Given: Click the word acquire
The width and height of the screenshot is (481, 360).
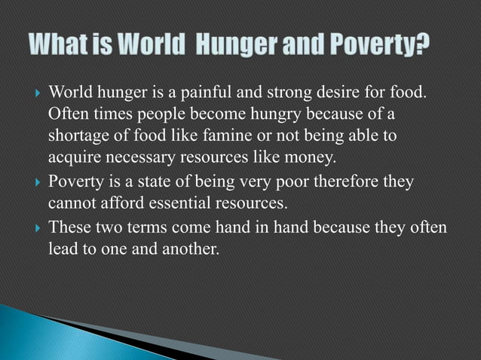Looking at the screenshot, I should click(x=72, y=158).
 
